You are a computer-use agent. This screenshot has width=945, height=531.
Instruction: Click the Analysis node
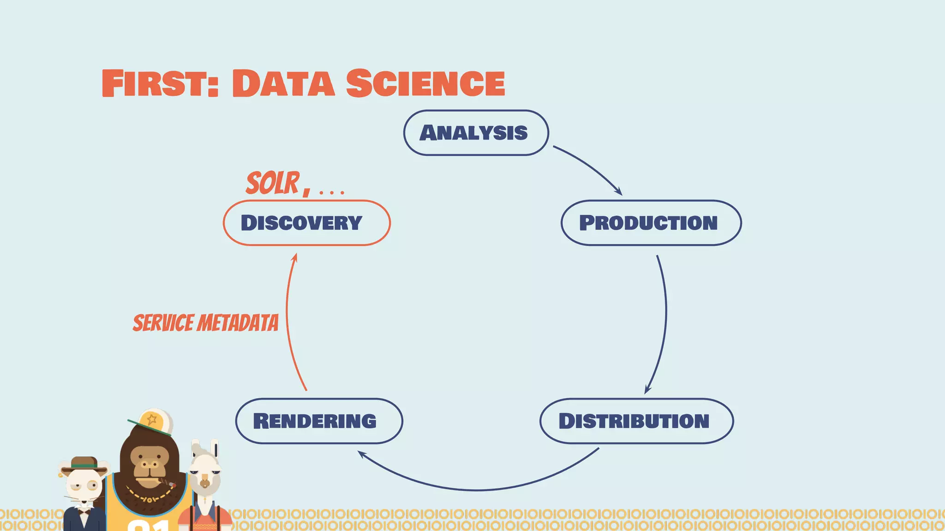(476, 133)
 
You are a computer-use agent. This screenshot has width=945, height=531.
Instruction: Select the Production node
(651, 223)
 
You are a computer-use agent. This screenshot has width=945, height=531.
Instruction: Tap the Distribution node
(636, 421)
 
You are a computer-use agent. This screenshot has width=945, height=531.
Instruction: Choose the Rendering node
(319, 421)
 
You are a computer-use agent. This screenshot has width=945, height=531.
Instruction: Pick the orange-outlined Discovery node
(306, 223)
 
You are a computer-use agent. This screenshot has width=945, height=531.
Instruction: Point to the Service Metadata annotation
(206, 323)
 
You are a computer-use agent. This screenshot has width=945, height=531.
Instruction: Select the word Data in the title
(283, 83)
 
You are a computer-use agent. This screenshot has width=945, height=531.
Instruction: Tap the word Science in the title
(425, 83)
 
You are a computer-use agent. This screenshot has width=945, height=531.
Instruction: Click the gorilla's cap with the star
(152, 421)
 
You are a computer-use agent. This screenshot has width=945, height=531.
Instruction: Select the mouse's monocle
(94, 485)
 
